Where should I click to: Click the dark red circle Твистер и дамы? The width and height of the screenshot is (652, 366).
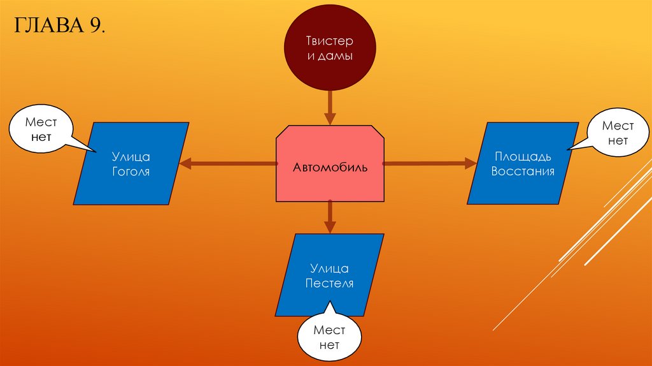click(x=329, y=48)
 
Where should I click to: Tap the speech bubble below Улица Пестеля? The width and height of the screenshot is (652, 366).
click(x=329, y=338)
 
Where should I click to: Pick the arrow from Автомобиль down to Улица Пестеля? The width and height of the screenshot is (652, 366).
click(x=329, y=217)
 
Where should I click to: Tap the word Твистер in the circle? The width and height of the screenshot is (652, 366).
click(x=329, y=41)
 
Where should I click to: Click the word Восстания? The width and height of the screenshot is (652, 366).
click(x=523, y=171)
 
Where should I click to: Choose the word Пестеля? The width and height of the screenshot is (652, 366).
click(x=329, y=283)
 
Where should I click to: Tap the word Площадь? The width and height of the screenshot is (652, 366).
click(x=523, y=156)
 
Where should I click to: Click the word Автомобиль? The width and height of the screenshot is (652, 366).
click(x=329, y=168)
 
